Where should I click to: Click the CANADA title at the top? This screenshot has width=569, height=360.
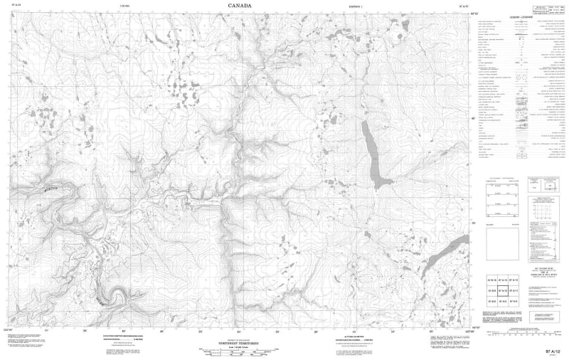coord(239,6)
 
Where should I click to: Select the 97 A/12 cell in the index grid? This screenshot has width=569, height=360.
coord(504,290)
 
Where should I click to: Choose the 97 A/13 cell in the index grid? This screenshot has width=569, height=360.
coord(504,280)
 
